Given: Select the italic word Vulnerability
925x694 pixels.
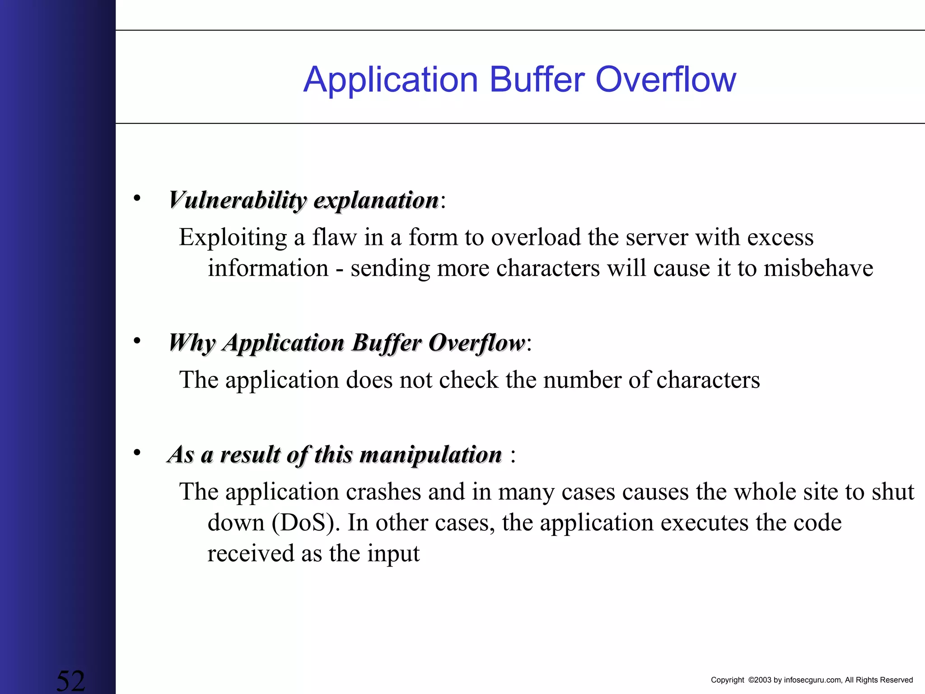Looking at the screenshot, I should point(238,200).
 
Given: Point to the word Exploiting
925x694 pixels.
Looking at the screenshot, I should point(233,238).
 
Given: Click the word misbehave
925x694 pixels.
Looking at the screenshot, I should point(818,268).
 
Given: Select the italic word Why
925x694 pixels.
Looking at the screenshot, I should point(192,343).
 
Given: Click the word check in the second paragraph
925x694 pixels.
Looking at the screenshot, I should point(468,380).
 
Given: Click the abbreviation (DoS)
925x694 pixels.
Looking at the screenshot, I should point(305,523).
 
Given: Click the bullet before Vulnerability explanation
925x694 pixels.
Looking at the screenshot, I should point(137,198).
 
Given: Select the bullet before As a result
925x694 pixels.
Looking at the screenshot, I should point(137,452).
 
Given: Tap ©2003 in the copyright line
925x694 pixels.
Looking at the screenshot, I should point(760,680).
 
